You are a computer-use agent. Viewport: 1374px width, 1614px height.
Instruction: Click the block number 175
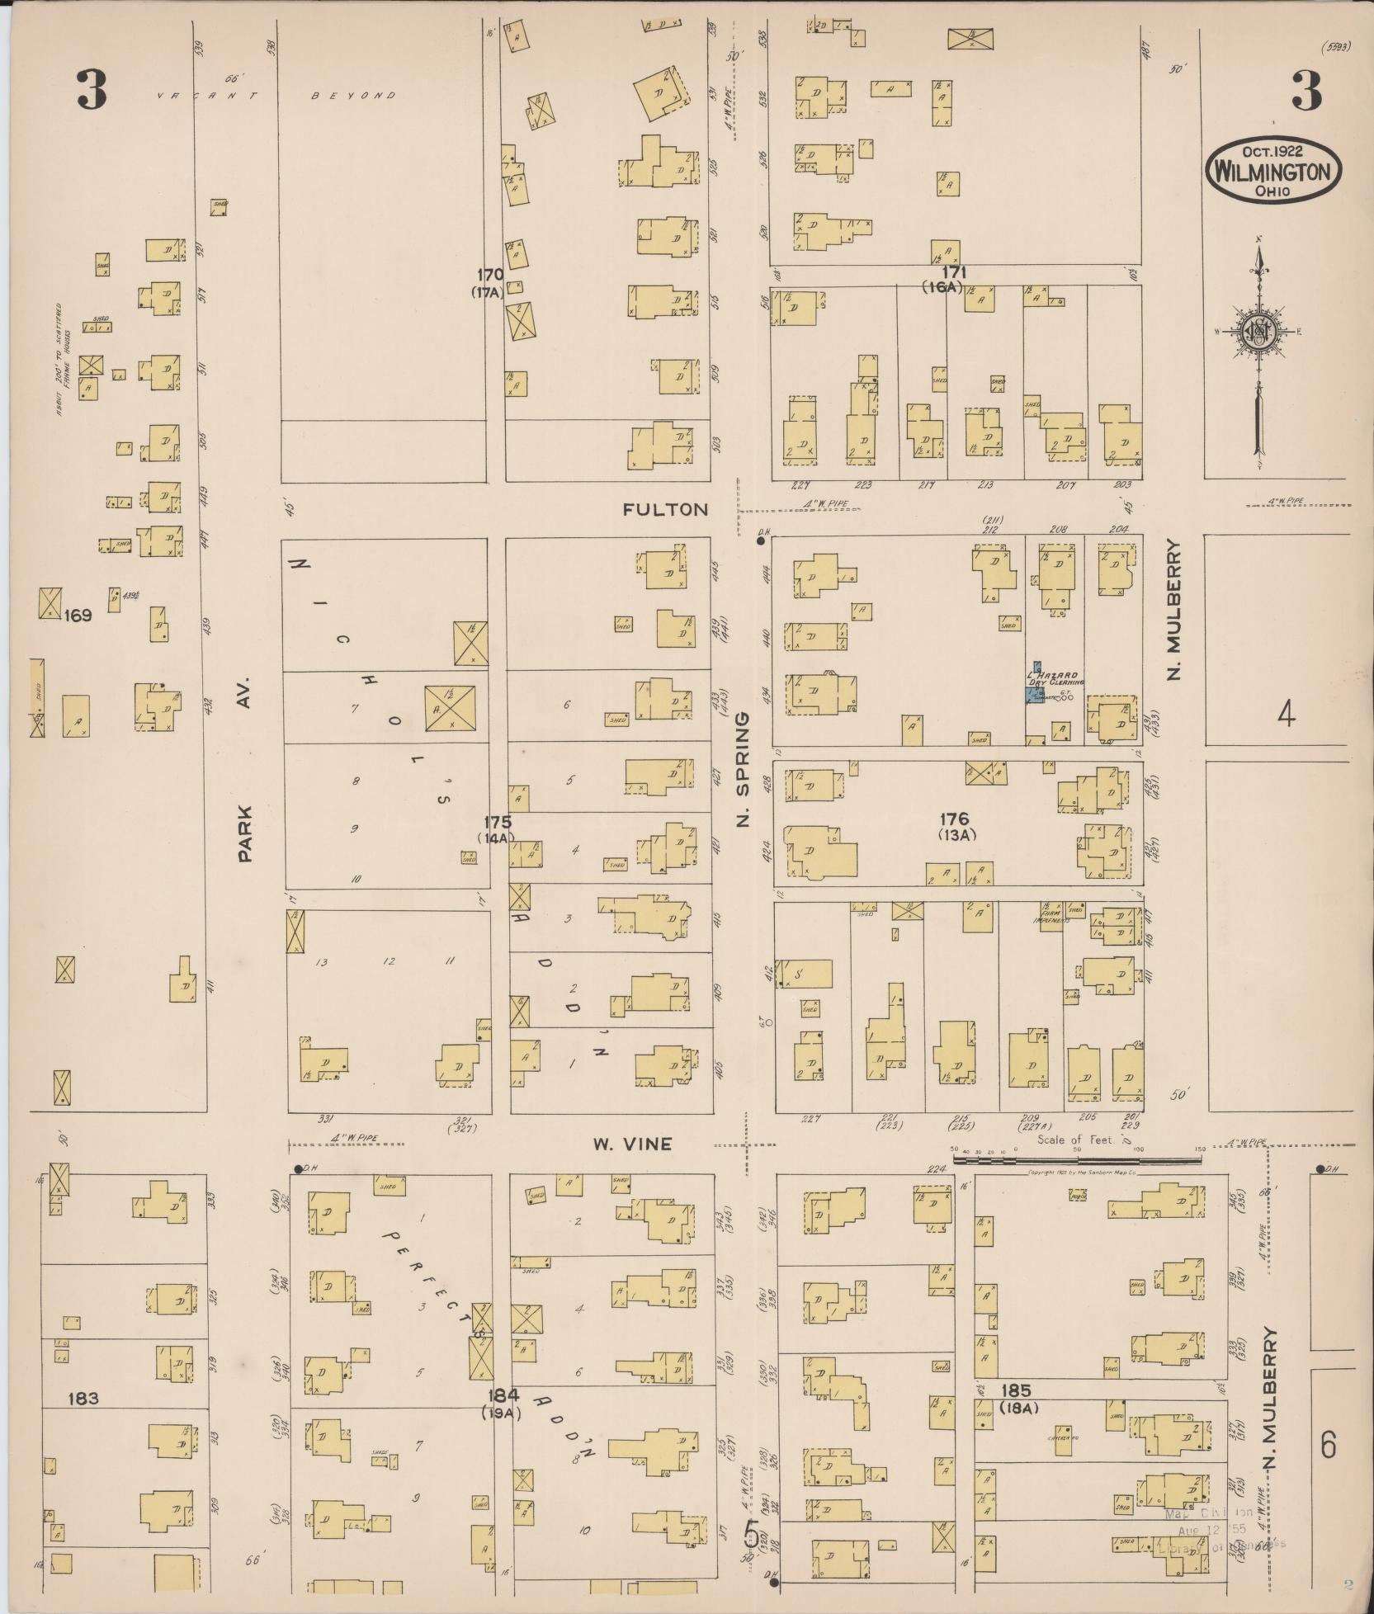pyautogui.click(x=498, y=822)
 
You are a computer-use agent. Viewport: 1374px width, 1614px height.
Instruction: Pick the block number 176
pyautogui.click(x=954, y=819)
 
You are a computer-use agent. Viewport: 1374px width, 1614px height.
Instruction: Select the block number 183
pyautogui.click(x=84, y=1398)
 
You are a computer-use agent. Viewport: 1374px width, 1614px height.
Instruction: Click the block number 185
pyautogui.click(x=1015, y=1391)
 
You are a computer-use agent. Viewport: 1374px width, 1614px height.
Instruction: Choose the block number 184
pyautogui.click(x=503, y=1395)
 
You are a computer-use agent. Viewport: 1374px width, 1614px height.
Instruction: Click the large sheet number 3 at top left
pyautogui.click(x=92, y=89)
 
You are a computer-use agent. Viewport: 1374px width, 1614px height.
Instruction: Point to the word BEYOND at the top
pyautogui.click(x=353, y=96)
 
